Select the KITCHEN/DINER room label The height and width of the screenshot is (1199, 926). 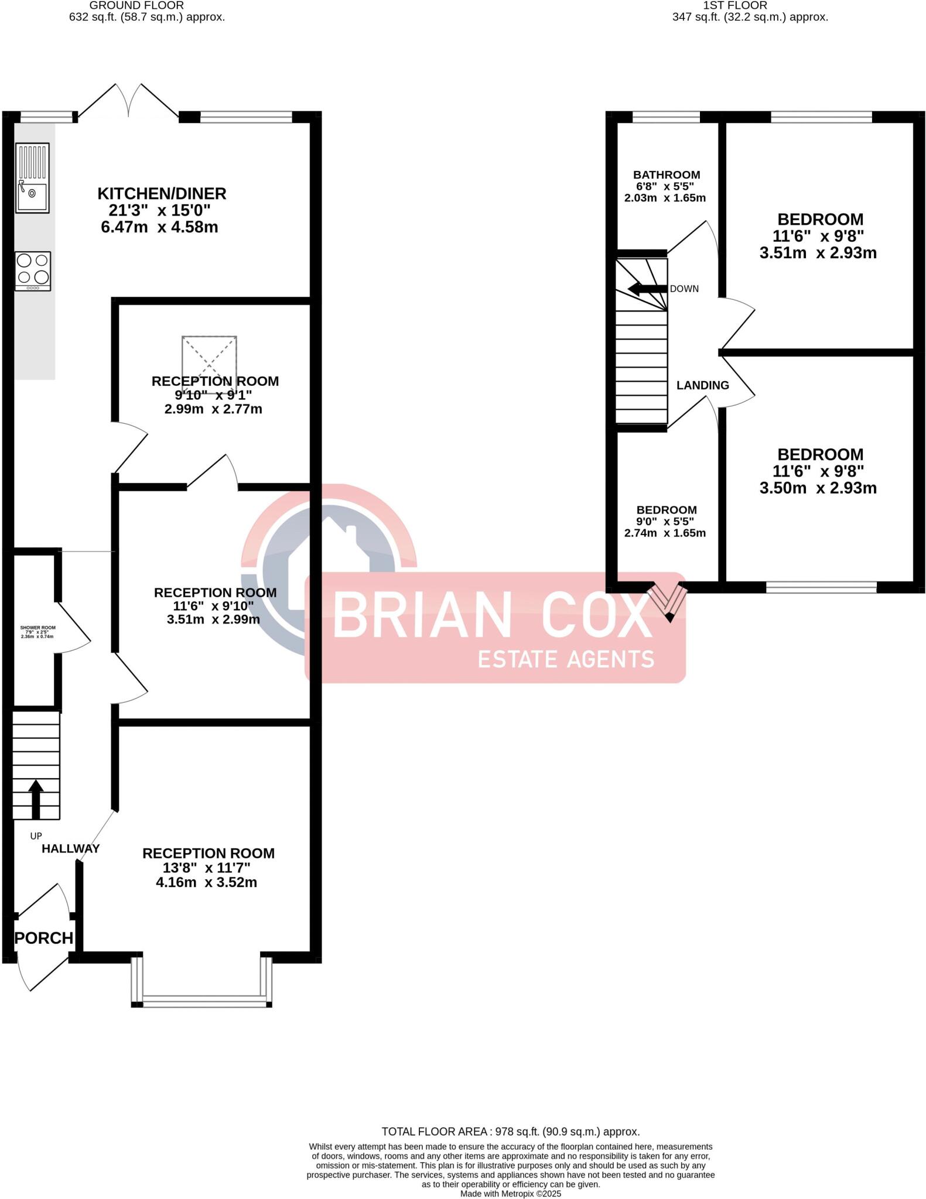pos(162,193)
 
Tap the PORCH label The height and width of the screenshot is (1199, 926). pos(44,938)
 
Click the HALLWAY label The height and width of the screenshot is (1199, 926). pos(70,848)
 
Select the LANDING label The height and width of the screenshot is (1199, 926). pos(702,385)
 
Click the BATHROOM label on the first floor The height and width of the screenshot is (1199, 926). pos(667,174)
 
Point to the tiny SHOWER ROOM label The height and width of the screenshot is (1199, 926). pos(37,628)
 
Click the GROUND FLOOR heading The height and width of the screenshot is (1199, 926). pos(136,5)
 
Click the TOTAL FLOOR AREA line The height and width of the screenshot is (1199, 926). pos(510,1132)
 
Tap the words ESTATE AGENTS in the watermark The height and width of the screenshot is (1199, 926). pos(566,659)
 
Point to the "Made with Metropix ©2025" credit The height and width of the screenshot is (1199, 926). pos(510,1194)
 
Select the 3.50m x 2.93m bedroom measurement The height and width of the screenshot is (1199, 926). pos(818,488)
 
